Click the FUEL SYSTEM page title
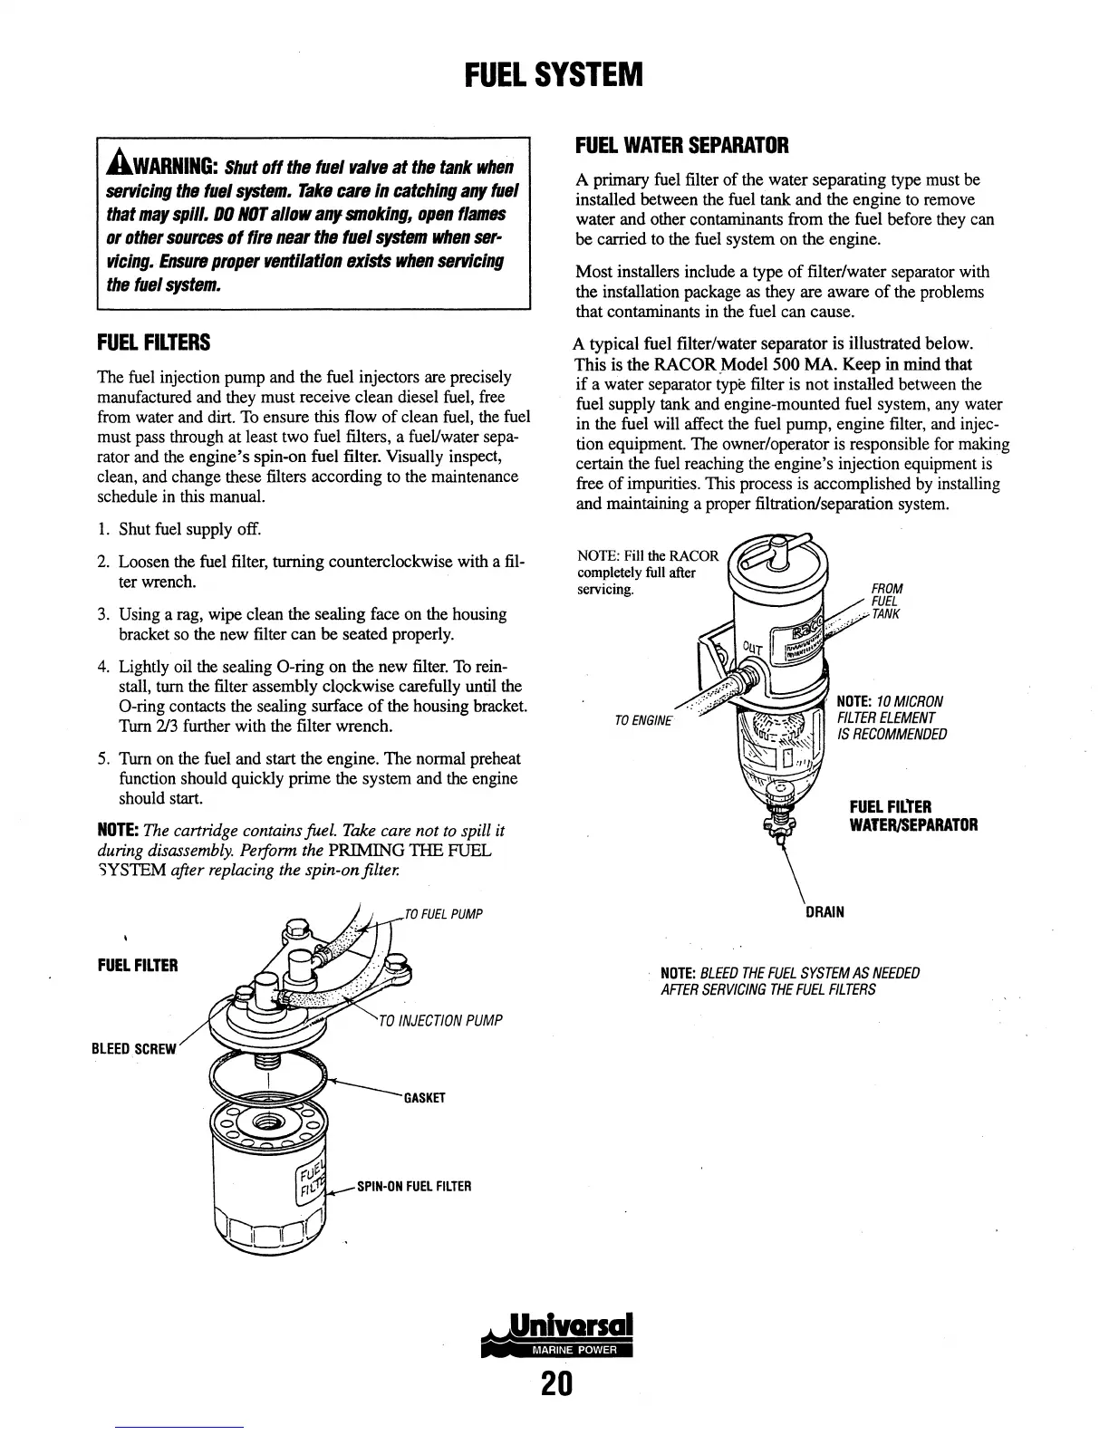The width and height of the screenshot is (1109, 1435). point(554,74)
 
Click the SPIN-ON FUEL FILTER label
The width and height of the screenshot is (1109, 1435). point(415,1186)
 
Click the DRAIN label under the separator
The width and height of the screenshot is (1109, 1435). point(825,911)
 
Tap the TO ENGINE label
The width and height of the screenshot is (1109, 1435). point(642,720)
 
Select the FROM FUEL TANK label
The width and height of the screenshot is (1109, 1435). point(886,602)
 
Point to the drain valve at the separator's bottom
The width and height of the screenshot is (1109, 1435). point(777,820)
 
